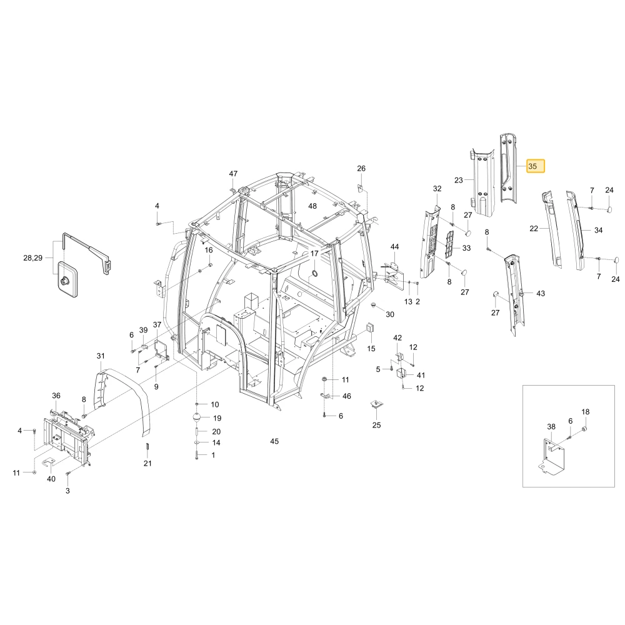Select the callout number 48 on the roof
click(312, 206)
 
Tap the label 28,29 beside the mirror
click(32, 258)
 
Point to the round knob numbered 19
click(197, 419)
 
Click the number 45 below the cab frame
click(274, 441)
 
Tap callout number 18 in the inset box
click(585, 412)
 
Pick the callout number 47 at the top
click(233, 173)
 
